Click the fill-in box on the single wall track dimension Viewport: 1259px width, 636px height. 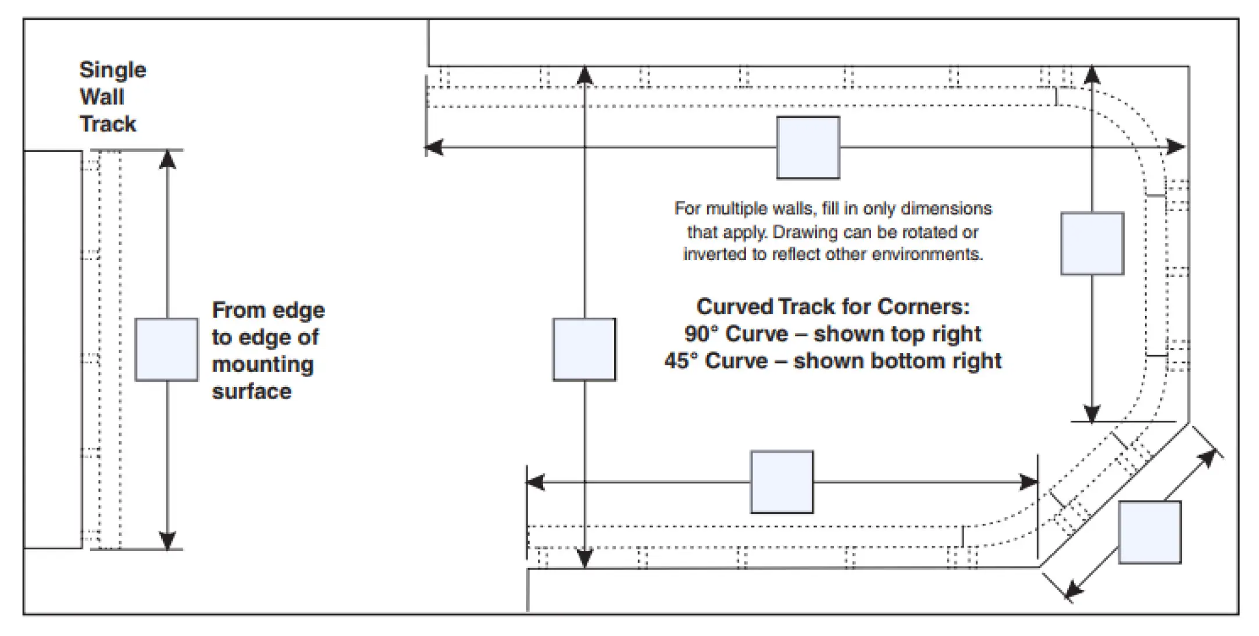[x=166, y=350]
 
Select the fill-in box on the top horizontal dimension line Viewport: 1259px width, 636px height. [x=808, y=148]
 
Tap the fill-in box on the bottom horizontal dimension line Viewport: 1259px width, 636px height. [x=782, y=482]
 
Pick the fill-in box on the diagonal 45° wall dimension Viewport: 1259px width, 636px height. [x=1150, y=532]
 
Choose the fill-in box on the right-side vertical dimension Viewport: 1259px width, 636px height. [x=1092, y=243]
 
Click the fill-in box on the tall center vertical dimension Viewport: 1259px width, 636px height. [x=584, y=350]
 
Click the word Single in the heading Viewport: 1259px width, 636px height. [x=113, y=70]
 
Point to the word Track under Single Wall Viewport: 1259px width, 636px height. [x=108, y=124]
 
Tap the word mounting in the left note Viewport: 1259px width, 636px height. [x=263, y=365]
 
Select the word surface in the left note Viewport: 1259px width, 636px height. [x=252, y=392]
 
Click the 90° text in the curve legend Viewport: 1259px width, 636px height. [x=702, y=334]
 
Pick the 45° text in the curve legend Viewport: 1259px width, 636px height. [x=682, y=361]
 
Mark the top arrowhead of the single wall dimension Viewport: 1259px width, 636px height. [x=167, y=159]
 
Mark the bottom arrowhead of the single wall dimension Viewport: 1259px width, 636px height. [x=167, y=541]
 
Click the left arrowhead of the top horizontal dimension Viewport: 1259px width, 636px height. [x=434, y=148]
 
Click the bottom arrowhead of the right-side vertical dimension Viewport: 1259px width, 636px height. [x=1092, y=413]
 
